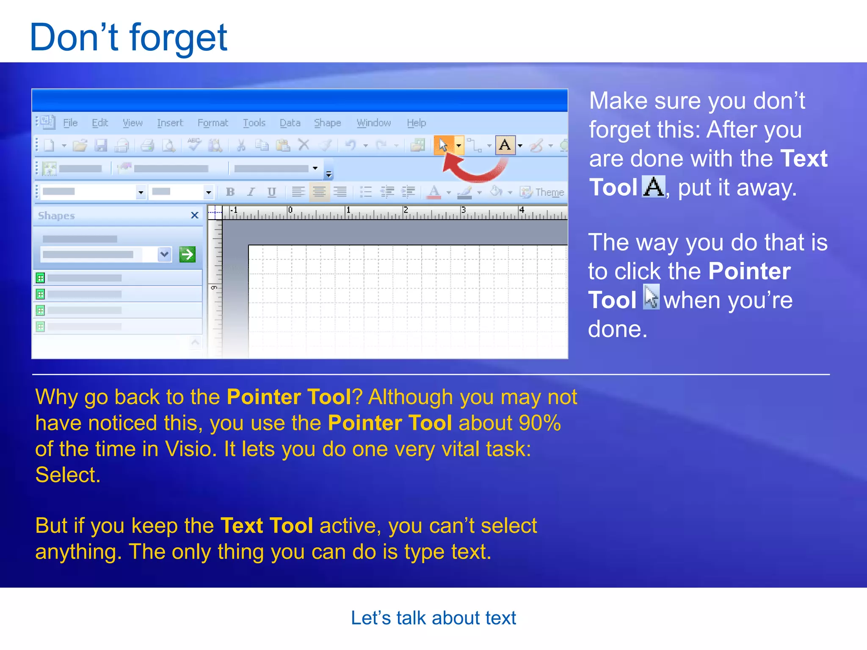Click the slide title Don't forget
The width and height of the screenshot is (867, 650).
pos(128,38)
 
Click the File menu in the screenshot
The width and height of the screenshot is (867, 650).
pos(70,123)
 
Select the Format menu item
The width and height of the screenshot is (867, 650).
pos(213,123)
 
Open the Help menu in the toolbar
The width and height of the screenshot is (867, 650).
pos(416,123)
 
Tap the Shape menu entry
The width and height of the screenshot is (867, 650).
pos(327,123)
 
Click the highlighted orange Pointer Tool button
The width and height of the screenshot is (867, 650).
pos(444,146)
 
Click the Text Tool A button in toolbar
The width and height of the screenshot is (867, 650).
pos(505,146)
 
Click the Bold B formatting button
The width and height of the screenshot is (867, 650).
pos(230,192)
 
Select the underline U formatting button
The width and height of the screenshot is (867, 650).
pos(272,192)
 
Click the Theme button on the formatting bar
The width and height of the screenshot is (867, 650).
pos(543,193)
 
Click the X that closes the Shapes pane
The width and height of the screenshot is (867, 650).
pos(195,215)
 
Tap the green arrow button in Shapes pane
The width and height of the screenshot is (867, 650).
pos(187,254)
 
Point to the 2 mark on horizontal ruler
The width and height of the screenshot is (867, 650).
pos(406,210)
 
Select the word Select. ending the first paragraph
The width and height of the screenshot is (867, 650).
pos(68,475)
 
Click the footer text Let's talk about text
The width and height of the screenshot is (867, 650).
pos(433,618)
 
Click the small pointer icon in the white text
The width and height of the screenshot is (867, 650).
pos(651,297)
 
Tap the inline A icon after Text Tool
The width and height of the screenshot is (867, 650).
pos(654,187)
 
